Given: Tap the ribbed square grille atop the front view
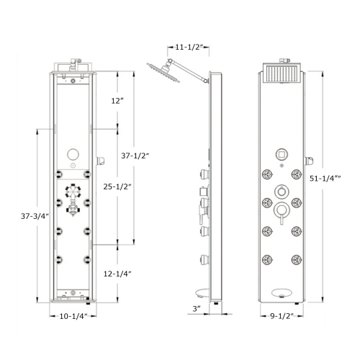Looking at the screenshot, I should click(281, 73).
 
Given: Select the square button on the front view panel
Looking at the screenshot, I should click(281, 154).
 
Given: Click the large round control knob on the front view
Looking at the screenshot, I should click(281, 210).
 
